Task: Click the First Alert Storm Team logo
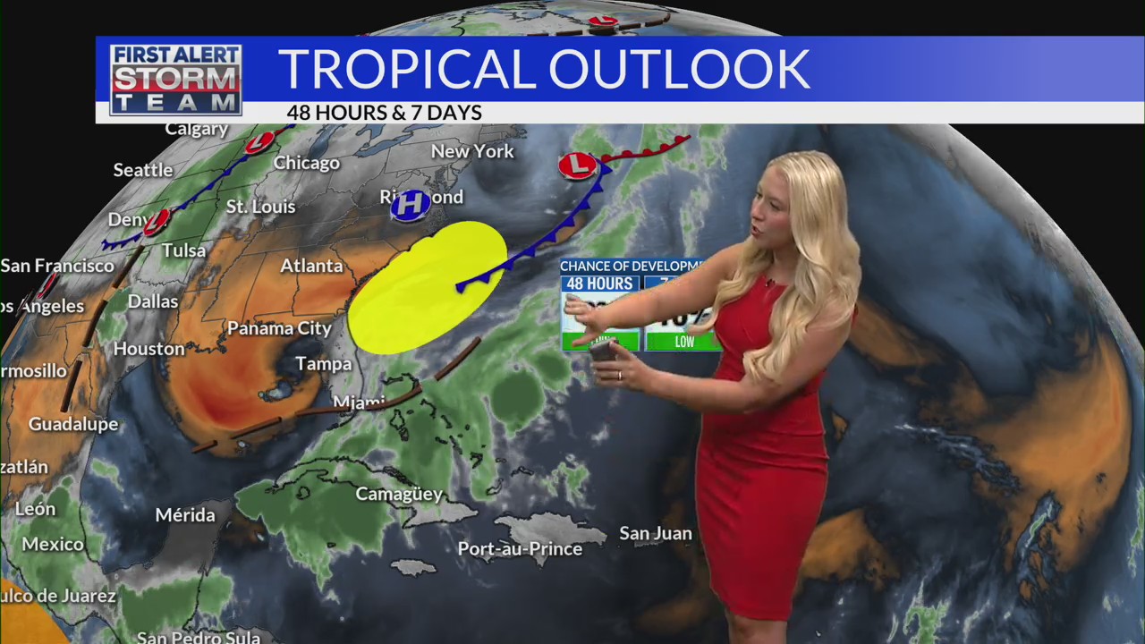175,80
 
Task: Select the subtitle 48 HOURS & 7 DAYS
384,113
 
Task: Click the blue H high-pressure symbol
410,205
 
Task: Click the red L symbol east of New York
578,165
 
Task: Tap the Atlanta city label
311,266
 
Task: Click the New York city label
472,151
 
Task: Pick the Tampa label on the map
323,364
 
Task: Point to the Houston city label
148,349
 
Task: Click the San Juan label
656,534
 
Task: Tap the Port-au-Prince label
520,549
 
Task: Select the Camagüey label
399,494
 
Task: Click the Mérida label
185,515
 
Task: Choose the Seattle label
143,170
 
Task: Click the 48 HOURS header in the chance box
599,284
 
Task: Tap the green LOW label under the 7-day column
684,342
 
